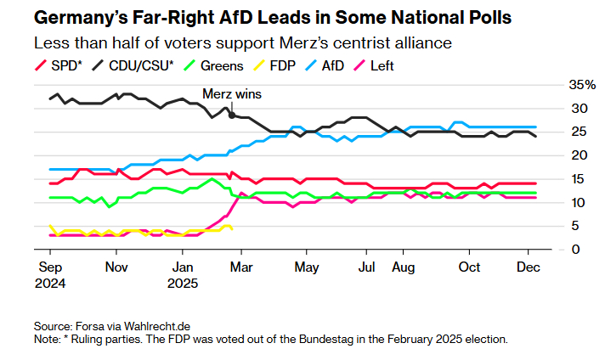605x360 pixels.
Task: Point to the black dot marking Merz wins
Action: tap(232, 115)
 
